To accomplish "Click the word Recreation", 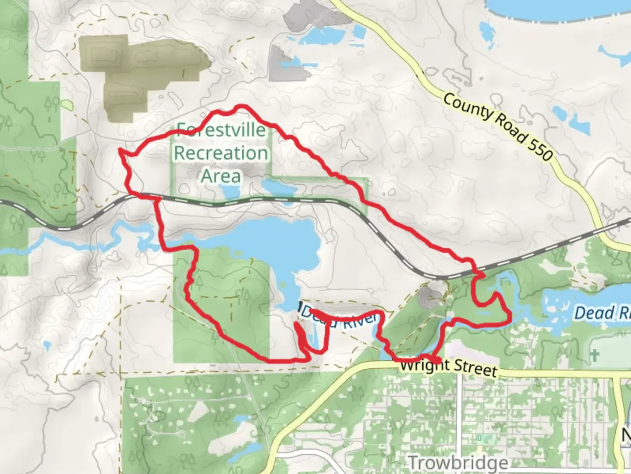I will pyautogui.click(x=221, y=153).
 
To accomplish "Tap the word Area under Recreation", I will pyautogui.click(x=221, y=176).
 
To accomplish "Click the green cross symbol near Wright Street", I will pyautogui.click(x=594, y=355).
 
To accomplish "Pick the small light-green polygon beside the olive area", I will pyautogui.click(x=66, y=105).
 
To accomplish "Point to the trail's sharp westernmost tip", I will pyautogui.click(x=120, y=151).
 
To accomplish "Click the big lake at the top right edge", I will pyautogui.click(x=557, y=9).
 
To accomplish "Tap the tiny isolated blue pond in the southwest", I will pyautogui.click(x=47, y=345).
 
